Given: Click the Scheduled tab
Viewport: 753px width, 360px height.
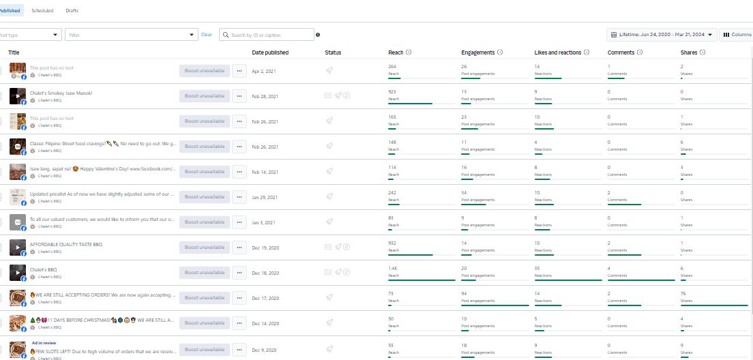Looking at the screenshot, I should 42,11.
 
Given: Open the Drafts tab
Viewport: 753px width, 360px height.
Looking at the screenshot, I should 72,11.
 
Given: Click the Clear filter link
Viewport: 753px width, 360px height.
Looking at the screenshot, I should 206,35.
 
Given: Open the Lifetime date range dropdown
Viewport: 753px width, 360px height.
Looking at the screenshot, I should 661,35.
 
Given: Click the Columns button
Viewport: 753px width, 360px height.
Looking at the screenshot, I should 737,35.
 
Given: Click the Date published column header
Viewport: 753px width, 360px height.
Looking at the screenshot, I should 270,52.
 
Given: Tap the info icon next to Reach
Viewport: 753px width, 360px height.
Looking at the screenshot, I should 409,52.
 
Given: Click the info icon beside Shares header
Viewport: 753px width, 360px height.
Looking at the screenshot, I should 702,52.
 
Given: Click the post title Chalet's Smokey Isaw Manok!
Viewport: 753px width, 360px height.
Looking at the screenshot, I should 61,93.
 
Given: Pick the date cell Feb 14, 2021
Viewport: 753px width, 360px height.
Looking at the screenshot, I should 265,171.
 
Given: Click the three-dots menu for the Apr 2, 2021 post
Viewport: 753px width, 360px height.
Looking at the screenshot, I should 239,71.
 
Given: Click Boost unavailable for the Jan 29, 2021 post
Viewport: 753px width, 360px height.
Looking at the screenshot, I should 205,196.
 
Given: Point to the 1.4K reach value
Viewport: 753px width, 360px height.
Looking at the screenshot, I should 392,268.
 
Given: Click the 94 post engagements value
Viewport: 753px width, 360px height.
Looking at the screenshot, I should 464,293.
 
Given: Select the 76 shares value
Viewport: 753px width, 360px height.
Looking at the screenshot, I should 683,293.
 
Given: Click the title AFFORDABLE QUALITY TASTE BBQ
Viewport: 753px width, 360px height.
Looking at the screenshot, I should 65,244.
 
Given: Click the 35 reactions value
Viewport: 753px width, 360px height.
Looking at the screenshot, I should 537,268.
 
